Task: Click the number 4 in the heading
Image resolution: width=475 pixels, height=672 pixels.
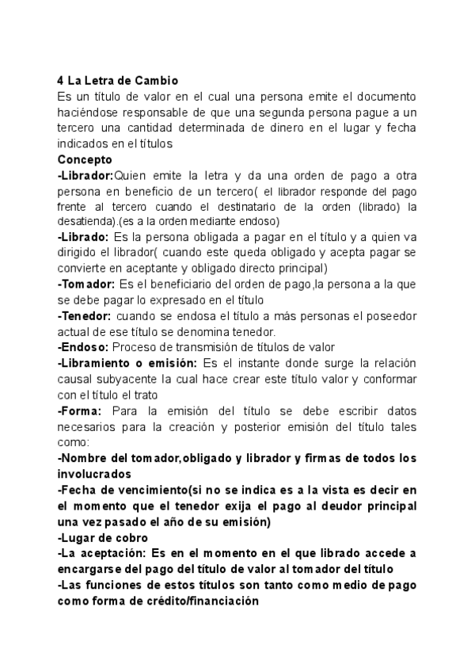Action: coord(61,80)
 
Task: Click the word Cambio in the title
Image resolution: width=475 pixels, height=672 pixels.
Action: coord(157,80)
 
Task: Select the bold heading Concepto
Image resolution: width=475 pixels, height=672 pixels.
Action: coord(85,158)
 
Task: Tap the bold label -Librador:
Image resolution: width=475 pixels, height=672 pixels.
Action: coord(85,175)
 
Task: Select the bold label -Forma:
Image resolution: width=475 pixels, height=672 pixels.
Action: coord(80,410)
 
